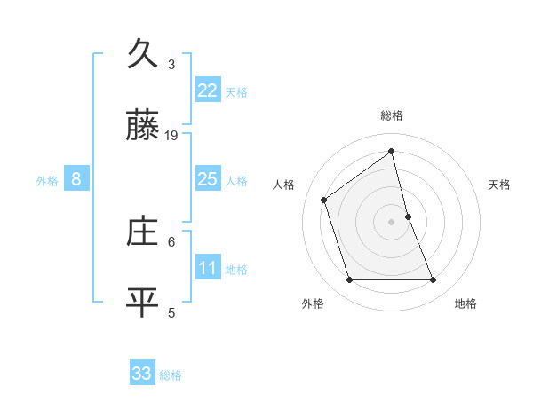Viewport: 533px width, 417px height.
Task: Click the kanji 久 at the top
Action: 142,55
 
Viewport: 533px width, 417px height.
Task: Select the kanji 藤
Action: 142,129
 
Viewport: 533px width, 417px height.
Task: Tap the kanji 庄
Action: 142,232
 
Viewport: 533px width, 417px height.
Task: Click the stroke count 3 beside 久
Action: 171,65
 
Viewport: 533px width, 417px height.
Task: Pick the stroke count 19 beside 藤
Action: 171,136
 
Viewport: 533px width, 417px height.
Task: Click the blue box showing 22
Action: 207,90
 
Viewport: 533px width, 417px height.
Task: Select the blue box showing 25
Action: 207,179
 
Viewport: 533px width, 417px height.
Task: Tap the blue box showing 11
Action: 207,268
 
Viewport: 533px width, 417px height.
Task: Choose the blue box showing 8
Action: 76,179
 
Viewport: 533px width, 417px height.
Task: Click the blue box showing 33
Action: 141,374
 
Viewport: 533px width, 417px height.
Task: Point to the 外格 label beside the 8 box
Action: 47,181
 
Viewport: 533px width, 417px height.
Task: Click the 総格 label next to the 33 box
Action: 171,375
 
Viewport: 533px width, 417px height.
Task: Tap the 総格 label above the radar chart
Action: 392,115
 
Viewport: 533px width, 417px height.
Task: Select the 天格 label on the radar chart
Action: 500,185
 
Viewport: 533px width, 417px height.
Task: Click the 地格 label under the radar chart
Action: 465,303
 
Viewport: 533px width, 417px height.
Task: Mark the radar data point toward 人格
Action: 324,200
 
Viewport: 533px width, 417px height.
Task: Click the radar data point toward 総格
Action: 392,151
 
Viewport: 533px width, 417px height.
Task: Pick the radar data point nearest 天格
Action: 408,216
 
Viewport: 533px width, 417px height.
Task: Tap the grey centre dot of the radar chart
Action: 392,222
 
